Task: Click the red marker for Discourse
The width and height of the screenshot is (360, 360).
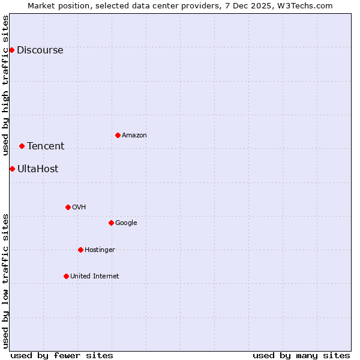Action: click(x=11, y=50)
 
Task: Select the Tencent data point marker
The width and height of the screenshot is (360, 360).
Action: click(x=22, y=146)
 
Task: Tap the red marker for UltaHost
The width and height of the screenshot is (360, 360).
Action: click(x=12, y=169)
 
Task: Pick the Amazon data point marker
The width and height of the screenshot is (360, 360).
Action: click(x=118, y=135)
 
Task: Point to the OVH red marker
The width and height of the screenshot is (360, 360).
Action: click(x=68, y=207)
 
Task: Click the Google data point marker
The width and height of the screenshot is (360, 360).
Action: click(x=111, y=223)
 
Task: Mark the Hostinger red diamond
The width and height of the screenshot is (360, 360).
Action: click(x=80, y=250)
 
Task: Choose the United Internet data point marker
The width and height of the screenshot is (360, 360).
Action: click(x=66, y=276)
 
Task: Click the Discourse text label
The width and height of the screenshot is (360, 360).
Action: click(x=40, y=50)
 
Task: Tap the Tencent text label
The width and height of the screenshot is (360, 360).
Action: click(x=46, y=146)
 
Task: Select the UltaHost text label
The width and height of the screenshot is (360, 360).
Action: click(x=38, y=169)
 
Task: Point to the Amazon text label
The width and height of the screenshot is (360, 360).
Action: click(x=134, y=135)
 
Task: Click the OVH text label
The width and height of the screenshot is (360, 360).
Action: click(x=79, y=207)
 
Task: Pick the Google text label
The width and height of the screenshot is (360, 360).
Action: click(x=126, y=223)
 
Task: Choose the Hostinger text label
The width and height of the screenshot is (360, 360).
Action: click(x=100, y=250)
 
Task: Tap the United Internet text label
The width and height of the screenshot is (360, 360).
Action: click(x=95, y=276)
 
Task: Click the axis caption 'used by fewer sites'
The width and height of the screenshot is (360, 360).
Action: click(x=62, y=355)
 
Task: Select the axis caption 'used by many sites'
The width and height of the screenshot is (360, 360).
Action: click(x=301, y=355)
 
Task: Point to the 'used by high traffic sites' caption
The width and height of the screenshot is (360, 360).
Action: click(x=5, y=85)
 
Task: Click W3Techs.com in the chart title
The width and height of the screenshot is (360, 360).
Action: click(x=306, y=5)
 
